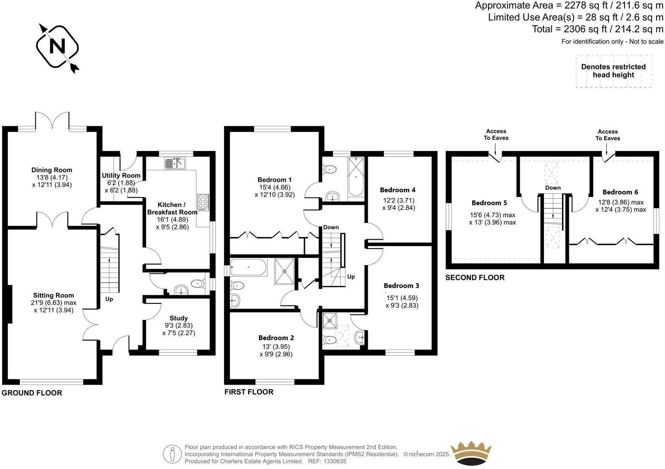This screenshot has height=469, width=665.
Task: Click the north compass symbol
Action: (x=57, y=47)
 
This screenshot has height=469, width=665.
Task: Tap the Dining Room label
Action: (x=52, y=170)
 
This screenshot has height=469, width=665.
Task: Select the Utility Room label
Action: (x=121, y=175)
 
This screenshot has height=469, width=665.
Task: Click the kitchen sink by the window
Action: (x=174, y=163)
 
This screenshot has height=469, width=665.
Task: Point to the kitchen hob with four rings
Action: (x=203, y=202)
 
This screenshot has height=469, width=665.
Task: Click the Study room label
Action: (x=178, y=318)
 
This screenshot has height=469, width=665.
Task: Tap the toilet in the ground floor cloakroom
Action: (x=197, y=284)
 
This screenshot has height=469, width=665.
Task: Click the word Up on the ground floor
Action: (x=109, y=299)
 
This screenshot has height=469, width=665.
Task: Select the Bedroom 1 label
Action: (x=274, y=180)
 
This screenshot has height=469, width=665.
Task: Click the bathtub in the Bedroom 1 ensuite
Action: (x=356, y=177)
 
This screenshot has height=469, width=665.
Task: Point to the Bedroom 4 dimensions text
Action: (x=398, y=204)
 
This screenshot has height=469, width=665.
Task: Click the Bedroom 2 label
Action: (x=276, y=338)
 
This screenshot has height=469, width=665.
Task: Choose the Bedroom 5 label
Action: (x=489, y=203)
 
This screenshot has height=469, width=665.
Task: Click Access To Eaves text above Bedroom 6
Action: (x=608, y=135)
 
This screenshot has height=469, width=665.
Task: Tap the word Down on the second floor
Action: (x=553, y=188)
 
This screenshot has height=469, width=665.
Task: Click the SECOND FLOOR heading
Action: (x=475, y=278)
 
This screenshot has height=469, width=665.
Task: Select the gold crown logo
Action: (x=471, y=453)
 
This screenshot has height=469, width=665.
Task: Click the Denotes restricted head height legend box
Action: (x=613, y=71)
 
